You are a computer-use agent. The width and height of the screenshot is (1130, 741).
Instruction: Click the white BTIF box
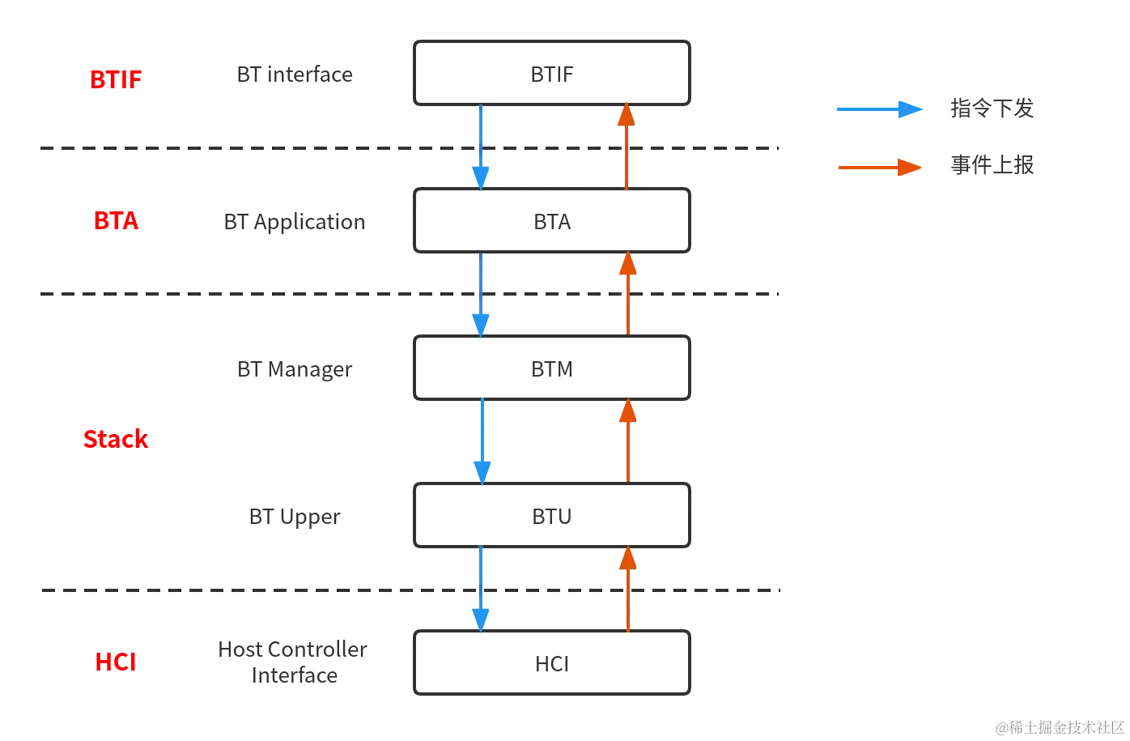pos(552,74)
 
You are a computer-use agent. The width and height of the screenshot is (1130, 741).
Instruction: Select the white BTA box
pos(552,221)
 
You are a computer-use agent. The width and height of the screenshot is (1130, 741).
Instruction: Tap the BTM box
pos(552,368)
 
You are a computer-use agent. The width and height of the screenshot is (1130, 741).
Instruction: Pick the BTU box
pos(552,516)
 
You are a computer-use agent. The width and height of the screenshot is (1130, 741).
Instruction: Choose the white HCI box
pos(552,663)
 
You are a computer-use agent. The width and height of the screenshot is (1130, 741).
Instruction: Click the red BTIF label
pos(116,79)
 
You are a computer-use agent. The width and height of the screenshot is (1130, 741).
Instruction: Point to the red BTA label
pos(116,221)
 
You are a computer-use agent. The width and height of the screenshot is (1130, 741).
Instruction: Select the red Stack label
pos(116,440)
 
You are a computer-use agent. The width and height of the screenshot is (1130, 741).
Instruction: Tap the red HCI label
pos(115,662)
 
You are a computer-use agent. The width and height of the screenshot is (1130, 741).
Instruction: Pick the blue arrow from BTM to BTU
pos(482,441)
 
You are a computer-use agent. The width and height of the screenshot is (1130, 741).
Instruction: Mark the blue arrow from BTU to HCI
pos(482,589)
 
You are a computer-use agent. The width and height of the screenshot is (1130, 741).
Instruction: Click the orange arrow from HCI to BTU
pos(627,589)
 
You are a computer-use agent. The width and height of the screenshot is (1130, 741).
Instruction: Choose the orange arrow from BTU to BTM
pos(627,441)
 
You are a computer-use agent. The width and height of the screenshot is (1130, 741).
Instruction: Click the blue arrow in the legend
pos(880,109)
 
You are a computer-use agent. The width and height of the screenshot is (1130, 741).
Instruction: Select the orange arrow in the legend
pos(880,168)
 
